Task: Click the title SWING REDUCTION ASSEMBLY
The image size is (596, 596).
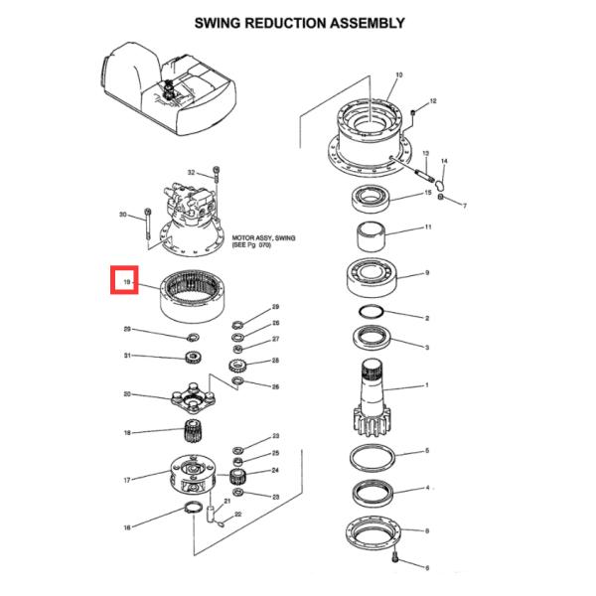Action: pos(299,23)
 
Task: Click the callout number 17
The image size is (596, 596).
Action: pos(126,481)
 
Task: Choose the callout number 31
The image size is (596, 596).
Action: pos(126,357)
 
